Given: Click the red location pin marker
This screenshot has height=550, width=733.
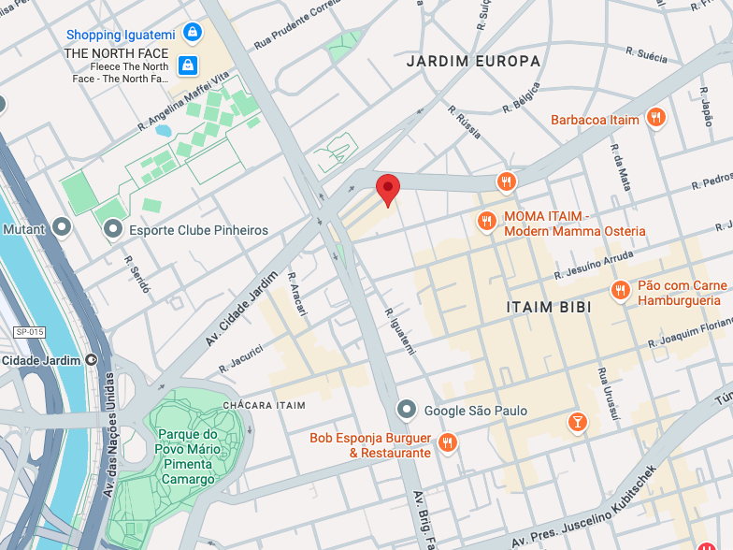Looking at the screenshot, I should pos(387,188).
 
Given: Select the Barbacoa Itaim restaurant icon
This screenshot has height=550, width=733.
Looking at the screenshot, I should pos(657,119).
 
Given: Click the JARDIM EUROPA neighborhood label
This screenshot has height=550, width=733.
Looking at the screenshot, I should pos(473,61).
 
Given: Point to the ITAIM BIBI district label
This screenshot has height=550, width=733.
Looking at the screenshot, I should pos(548,307).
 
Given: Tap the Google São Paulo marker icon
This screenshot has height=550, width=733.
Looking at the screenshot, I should pos(406,410).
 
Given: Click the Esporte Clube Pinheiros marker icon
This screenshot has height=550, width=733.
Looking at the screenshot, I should pos(113,229).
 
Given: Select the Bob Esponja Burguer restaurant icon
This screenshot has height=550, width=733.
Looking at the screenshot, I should pos(448,442).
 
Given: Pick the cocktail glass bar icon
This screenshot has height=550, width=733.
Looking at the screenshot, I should pos(577,423).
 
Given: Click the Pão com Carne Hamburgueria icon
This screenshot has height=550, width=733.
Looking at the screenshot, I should pos(619,291).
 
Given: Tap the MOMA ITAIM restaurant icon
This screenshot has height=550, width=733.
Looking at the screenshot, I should pos(486,222).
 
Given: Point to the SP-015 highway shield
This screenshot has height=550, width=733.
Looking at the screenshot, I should pos(30,332).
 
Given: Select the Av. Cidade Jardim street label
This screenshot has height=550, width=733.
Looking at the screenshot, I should pos(233,310).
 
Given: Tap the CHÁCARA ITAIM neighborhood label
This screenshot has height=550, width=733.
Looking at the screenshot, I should pos(265,405).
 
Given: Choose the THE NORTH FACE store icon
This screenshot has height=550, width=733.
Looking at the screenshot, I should pos(188,65).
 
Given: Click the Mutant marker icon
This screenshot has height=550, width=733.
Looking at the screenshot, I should pos(62,227).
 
